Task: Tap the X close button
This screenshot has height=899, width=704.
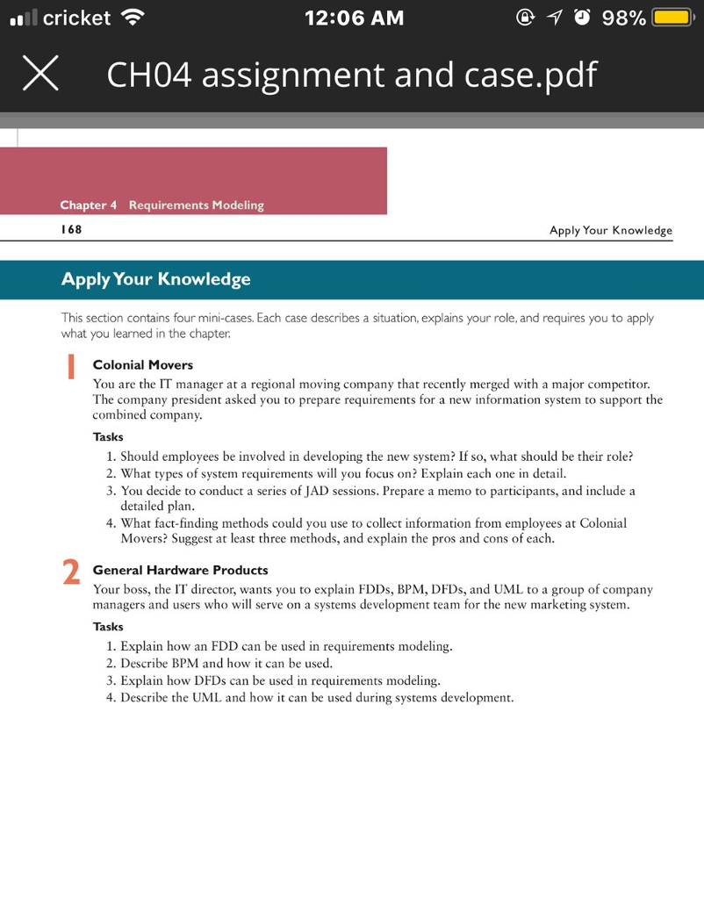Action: coord(40,75)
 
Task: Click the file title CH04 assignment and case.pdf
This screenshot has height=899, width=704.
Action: coord(351,75)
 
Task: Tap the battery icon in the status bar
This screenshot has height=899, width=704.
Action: coord(672,18)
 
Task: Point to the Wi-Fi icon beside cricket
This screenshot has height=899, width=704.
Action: coord(133,18)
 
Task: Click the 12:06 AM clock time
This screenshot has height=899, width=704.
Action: coord(354,18)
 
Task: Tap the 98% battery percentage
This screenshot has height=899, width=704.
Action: coord(624,18)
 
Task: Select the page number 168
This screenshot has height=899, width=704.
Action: coord(71,230)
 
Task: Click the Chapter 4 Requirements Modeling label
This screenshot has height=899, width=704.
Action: coord(162,205)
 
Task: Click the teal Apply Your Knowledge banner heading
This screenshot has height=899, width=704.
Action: coord(155,279)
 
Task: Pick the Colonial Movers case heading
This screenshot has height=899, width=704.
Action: coord(142,364)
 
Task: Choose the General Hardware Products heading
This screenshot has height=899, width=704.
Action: coord(180,570)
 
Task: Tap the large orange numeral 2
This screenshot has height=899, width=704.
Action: coord(71,572)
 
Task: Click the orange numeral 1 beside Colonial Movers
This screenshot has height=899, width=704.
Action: coord(70,367)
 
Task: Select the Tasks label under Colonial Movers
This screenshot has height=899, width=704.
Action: coord(108,436)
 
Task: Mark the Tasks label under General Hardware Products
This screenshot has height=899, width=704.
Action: coord(108,627)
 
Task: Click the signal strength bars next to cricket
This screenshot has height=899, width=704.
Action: coord(23,18)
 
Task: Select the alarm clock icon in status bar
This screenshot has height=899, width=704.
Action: coord(581,18)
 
